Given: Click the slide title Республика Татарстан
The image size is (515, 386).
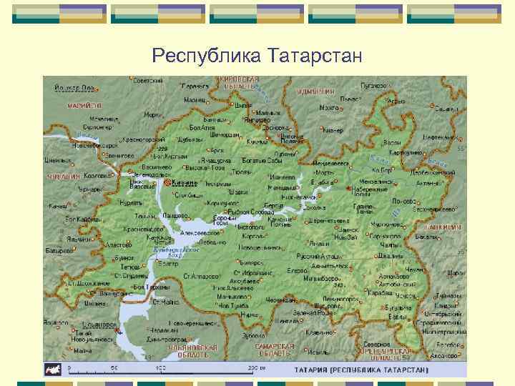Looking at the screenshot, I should click(x=257, y=55).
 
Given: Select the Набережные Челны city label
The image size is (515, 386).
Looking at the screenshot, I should click(x=369, y=190).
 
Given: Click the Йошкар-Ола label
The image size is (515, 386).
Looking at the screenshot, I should click(x=74, y=88).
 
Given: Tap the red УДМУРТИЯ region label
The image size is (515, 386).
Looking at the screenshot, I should click(x=316, y=92).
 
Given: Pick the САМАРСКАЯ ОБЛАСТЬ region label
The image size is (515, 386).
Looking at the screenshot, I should click(x=275, y=350).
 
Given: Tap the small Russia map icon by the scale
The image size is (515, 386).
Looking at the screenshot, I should click(x=53, y=370).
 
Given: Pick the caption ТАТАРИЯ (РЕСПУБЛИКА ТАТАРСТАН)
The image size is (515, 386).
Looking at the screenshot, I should click(x=361, y=370).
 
